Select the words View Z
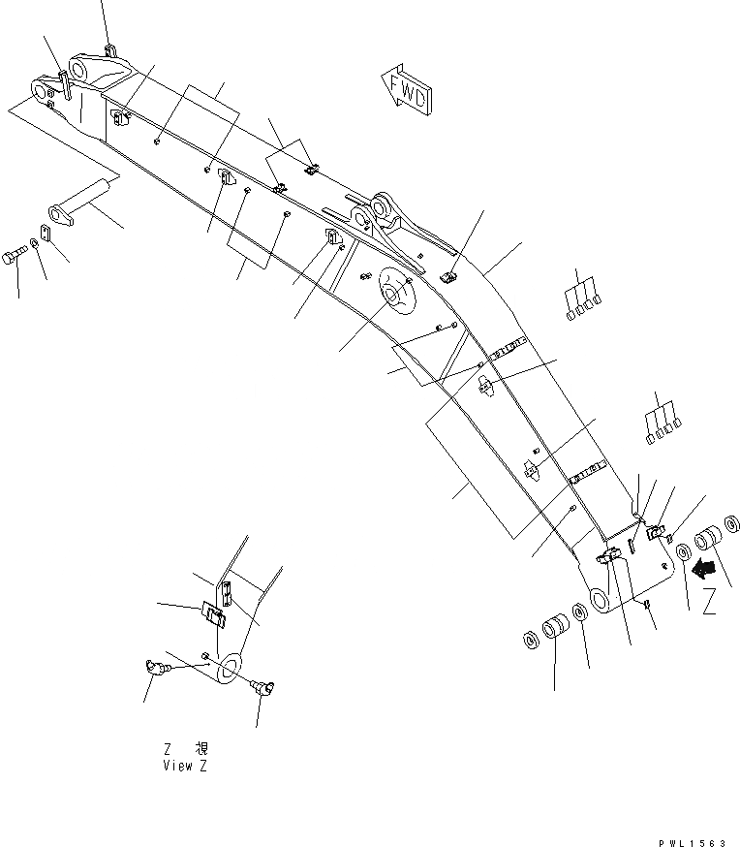coord(184,766)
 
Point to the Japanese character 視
coord(200,749)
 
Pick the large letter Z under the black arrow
coord(710,604)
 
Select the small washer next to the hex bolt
coord(35,242)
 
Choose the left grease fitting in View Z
coord(152,666)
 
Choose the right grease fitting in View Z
coord(263,688)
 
